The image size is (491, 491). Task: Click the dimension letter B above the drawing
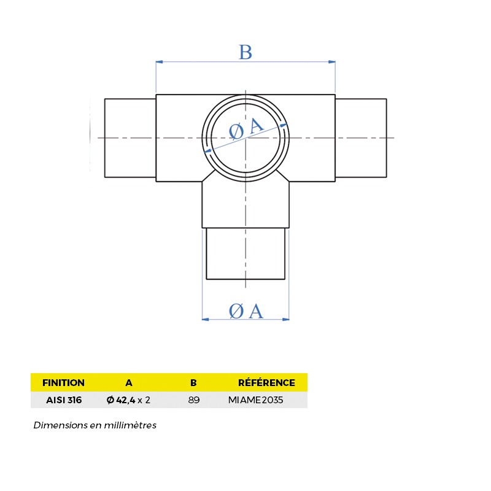tap(245, 52)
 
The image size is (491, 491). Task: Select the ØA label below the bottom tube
tap(245, 312)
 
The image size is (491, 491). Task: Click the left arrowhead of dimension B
tap(159, 62)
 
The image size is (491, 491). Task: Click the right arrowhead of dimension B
tap(332, 62)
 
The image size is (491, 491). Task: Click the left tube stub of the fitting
tap(130, 137)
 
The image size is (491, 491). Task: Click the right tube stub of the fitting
tap(361, 137)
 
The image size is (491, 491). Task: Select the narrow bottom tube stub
tap(245, 253)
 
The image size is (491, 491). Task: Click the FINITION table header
tap(63, 383)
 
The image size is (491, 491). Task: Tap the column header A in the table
tap(129, 383)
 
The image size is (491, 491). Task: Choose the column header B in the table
tap(193, 383)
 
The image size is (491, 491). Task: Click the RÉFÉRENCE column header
tap(266, 383)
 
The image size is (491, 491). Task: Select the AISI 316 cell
tap(64, 400)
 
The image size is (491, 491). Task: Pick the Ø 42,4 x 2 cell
tap(128, 400)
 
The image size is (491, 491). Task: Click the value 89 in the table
tap(193, 400)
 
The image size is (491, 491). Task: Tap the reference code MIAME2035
tap(255, 400)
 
